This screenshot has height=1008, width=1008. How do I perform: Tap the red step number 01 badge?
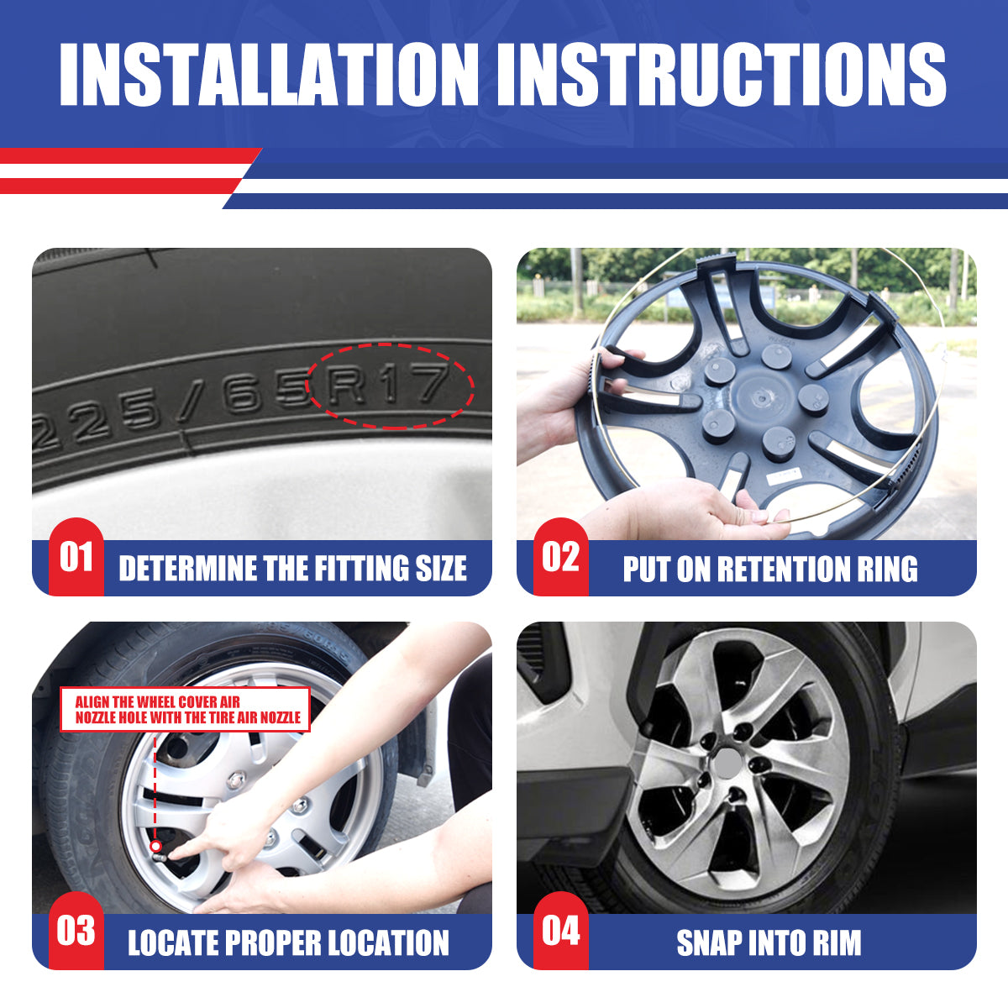pyautogui.click(x=76, y=557)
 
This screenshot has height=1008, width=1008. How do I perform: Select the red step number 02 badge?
pyautogui.click(x=560, y=557)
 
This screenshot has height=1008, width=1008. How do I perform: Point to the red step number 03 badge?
pyautogui.click(x=76, y=931)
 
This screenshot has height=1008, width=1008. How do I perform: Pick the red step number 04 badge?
pyautogui.click(x=560, y=931)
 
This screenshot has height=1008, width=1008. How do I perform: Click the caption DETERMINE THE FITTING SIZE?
pyautogui.click(x=292, y=569)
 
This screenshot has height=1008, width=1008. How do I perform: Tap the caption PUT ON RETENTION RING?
pyautogui.click(x=769, y=569)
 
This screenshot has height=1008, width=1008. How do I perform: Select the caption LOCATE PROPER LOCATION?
pyautogui.click(x=288, y=942)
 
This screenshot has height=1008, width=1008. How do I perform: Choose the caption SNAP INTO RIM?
pyautogui.click(x=769, y=942)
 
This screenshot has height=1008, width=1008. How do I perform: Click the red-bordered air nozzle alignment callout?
pyautogui.click(x=186, y=710)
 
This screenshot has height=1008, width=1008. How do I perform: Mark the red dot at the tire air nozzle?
pyautogui.click(x=156, y=846)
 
